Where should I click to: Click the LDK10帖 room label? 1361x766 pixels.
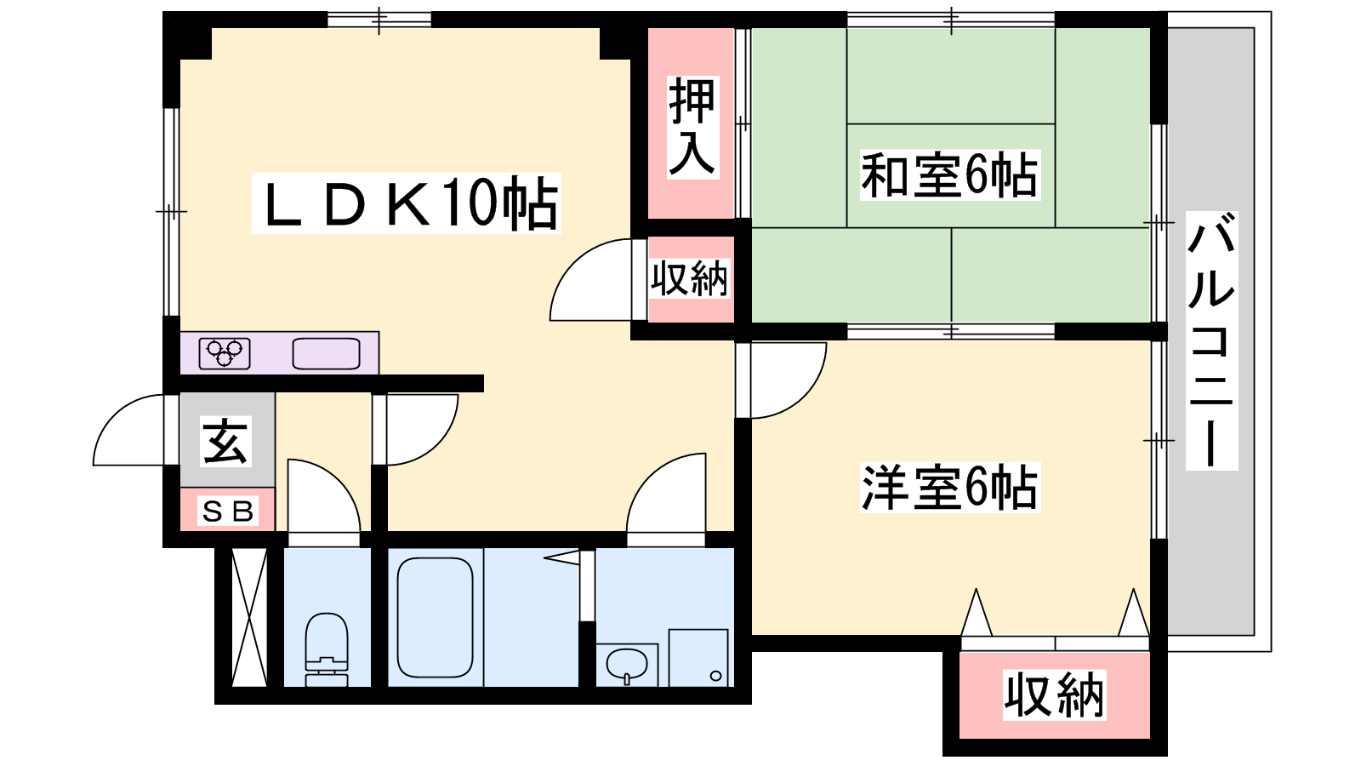coord(406,203)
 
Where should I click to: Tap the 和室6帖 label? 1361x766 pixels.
coord(949,175)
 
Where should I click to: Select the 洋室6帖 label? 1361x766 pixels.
coord(949,488)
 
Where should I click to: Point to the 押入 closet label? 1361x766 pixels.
coord(692,128)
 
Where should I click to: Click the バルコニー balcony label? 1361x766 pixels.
coord(1211,340)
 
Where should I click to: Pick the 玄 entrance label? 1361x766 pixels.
coord(225,442)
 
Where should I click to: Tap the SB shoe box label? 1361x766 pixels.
coord(228,512)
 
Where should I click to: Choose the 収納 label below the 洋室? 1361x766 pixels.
coord(1054,695)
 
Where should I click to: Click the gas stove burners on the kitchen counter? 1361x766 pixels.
coord(225,352)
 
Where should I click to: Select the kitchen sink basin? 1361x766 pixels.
coord(327,353)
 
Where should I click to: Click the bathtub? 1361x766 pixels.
coord(435,618)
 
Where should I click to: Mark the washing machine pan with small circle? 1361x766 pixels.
coord(698,658)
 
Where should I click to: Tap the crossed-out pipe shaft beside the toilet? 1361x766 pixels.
coord(250,618)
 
